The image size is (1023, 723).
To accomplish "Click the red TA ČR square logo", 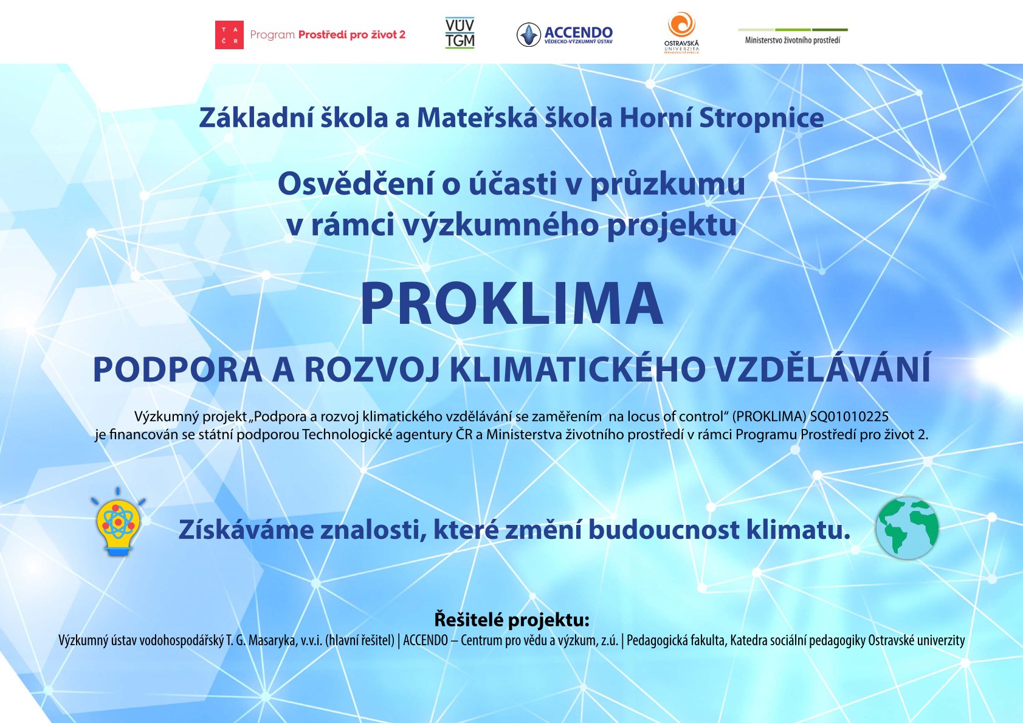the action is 229,35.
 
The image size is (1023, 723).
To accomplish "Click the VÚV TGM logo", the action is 460,33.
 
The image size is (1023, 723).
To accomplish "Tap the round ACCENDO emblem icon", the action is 528,35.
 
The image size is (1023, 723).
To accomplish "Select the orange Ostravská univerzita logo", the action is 681,33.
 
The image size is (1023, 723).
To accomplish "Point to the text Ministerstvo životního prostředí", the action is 793,40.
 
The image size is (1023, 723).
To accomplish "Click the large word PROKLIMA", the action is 512,304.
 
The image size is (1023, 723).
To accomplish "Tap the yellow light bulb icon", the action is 119,522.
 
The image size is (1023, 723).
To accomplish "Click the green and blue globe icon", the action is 907,528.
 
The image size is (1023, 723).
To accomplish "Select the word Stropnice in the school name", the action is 761,118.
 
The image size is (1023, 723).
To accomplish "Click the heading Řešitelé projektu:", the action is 512,620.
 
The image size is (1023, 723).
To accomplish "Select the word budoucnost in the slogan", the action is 664,529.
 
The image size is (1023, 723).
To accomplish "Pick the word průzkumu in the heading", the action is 667,185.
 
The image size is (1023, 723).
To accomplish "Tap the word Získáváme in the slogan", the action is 246,529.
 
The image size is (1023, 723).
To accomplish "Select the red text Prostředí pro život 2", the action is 352,35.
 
